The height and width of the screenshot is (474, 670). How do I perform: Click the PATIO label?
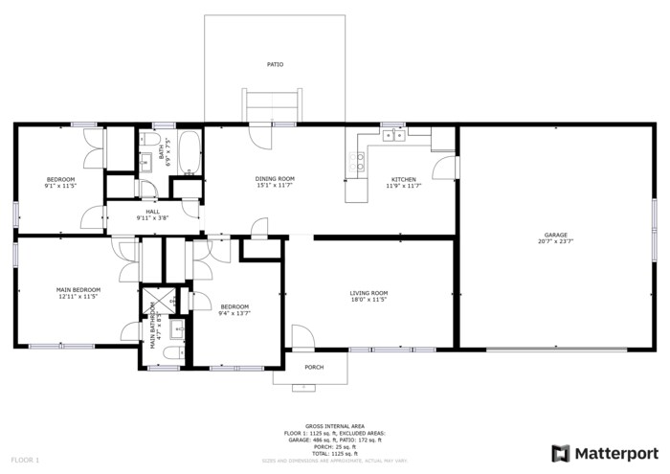pyautogui.click(x=275, y=64)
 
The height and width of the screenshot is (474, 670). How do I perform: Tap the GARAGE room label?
pyautogui.click(x=556, y=235)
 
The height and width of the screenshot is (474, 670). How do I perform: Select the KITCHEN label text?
pyautogui.click(x=403, y=179)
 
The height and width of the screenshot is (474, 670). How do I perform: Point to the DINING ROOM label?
pyautogui.click(x=275, y=179)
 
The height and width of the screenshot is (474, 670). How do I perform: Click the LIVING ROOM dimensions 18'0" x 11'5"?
pyautogui.click(x=368, y=300)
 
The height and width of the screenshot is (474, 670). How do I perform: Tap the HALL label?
pyautogui.click(x=153, y=212)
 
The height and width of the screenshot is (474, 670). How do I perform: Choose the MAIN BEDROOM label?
pyautogui.click(x=78, y=289)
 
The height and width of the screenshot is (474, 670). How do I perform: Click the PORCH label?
pyautogui.click(x=313, y=367)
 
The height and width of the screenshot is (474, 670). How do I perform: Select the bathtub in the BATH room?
pyautogui.click(x=189, y=153)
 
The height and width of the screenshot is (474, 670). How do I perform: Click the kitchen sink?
pyautogui.click(x=393, y=136)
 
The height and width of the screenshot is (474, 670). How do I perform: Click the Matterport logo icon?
pyautogui.click(x=560, y=453)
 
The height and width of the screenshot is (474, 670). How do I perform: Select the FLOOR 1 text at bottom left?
pyautogui.click(x=24, y=461)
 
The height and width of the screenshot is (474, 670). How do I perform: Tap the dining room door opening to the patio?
pyautogui.click(x=258, y=135)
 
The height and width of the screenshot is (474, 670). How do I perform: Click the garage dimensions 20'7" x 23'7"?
pyautogui.click(x=556, y=241)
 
